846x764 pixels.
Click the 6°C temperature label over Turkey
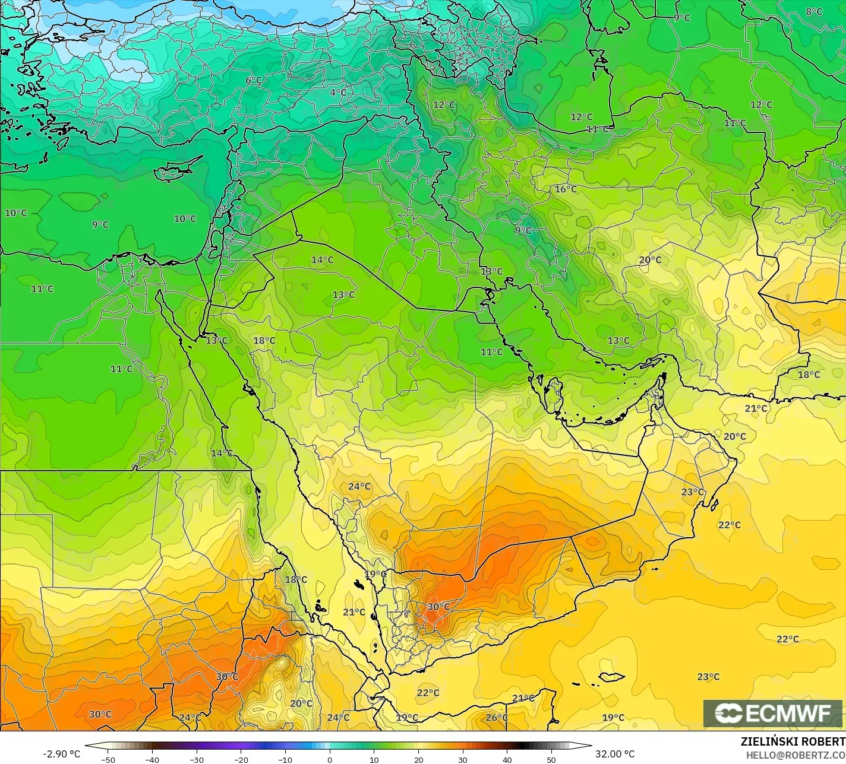click(x=254, y=80)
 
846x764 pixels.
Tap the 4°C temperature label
click(x=338, y=93)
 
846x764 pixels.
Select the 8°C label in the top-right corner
click(x=814, y=12)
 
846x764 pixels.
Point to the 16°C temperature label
click(x=566, y=189)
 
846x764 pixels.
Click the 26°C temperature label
click(x=497, y=718)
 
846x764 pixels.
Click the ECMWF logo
click(x=772, y=714)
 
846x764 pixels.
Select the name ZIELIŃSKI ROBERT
click(x=793, y=741)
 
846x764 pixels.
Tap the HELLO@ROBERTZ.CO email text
click(x=796, y=755)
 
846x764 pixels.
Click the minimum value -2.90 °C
click(x=61, y=754)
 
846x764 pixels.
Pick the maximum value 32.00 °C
click(x=615, y=754)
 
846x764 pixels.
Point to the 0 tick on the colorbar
click(x=330, y=759)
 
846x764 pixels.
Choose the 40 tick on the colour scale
click(x=507, y=759)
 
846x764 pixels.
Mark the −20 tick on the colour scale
click(x=241, y=759)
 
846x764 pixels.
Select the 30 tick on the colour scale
click(x=463, y=759)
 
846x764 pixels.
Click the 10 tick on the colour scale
click(x=374, y=759)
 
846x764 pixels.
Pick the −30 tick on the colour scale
click(x=196, y=759)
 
